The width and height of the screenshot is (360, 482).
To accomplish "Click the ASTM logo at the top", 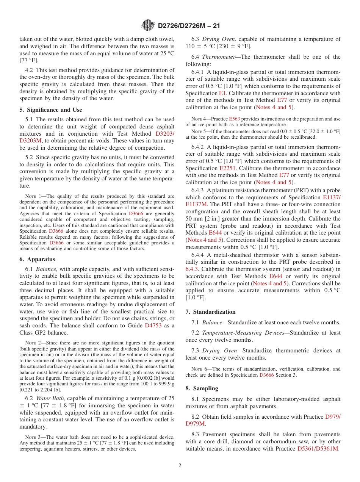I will click(148, 25).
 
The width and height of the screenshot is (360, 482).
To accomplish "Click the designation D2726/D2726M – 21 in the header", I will click(188, 26).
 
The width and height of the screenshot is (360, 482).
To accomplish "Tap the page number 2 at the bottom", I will click(180, 465).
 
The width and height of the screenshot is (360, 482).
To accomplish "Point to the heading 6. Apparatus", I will click(37, 259).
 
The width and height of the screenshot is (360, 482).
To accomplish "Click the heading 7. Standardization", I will click(210, 312).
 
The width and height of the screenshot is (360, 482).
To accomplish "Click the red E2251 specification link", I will click(228, 168).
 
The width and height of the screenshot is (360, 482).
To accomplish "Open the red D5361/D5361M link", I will click(318, 449).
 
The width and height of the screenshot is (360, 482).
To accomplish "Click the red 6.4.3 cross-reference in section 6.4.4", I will click(192, 269).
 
